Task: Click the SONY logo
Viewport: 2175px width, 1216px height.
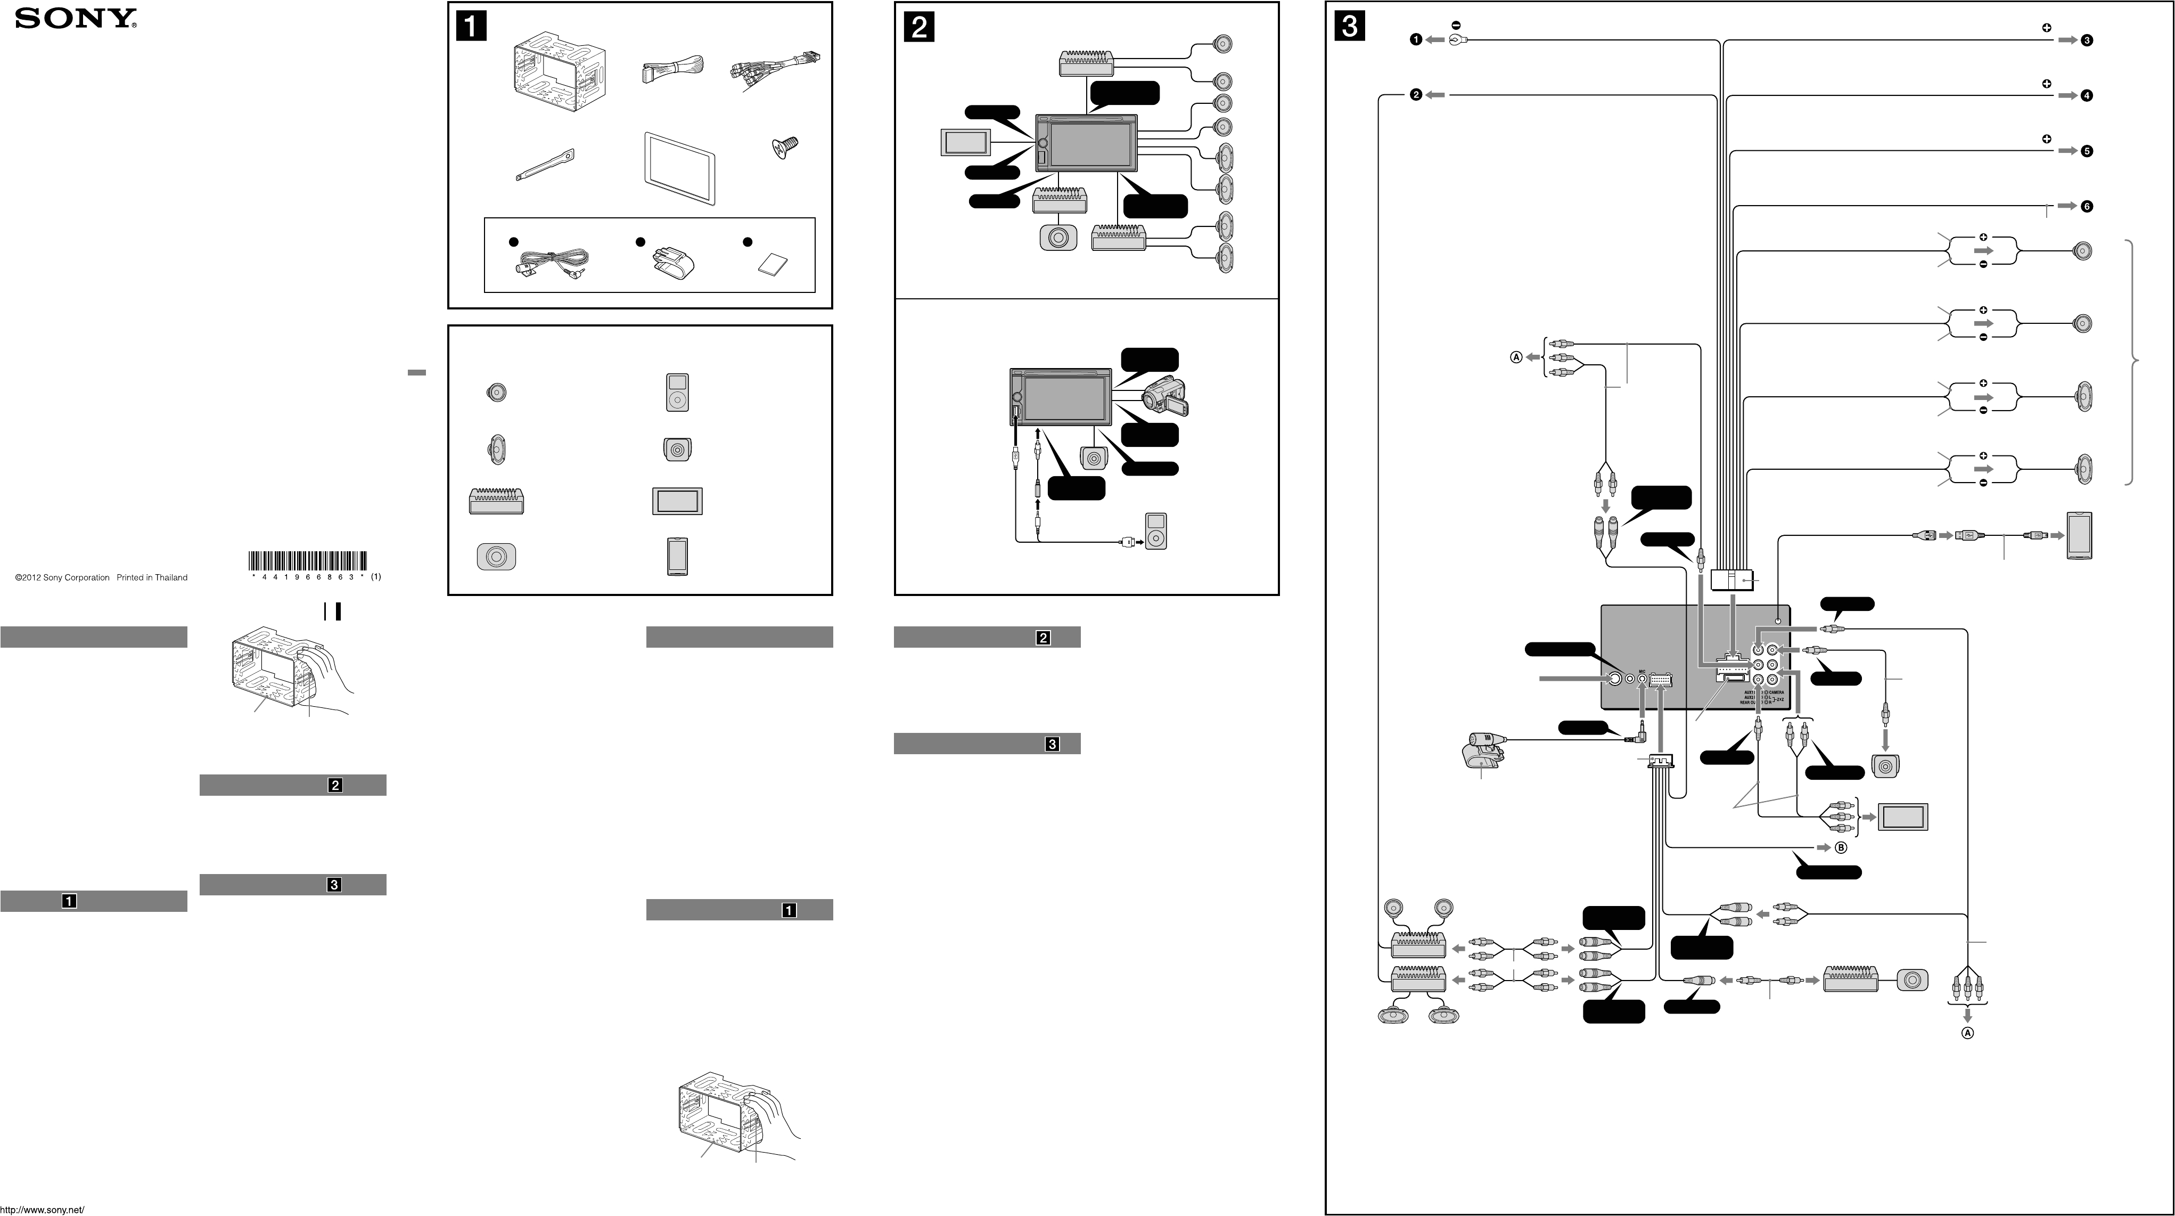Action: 76,19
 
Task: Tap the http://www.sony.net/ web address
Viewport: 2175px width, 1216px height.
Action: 42,1209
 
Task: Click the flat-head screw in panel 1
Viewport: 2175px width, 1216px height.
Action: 784,150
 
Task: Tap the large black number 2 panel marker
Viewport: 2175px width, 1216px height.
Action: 918,27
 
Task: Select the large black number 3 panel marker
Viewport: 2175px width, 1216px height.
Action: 1349,27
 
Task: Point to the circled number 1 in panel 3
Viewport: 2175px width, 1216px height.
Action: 1416,40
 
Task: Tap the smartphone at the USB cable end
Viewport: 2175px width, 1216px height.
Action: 2079,535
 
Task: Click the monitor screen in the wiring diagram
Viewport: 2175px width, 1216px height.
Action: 1902,818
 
